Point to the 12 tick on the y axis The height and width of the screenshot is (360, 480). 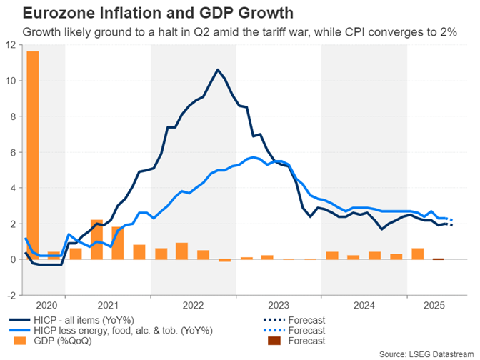pyautogui.click(x=11, y=44)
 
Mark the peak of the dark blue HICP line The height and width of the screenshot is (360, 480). pyautogui.click(x=218, y=69)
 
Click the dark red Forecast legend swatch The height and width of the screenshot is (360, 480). pyautogui.click(x=274, y=341)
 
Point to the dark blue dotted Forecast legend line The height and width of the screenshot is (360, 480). pyautogui.click(x=274, y=319)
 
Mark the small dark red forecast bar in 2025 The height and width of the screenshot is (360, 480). pyautogui.click(x=438, y=259)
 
